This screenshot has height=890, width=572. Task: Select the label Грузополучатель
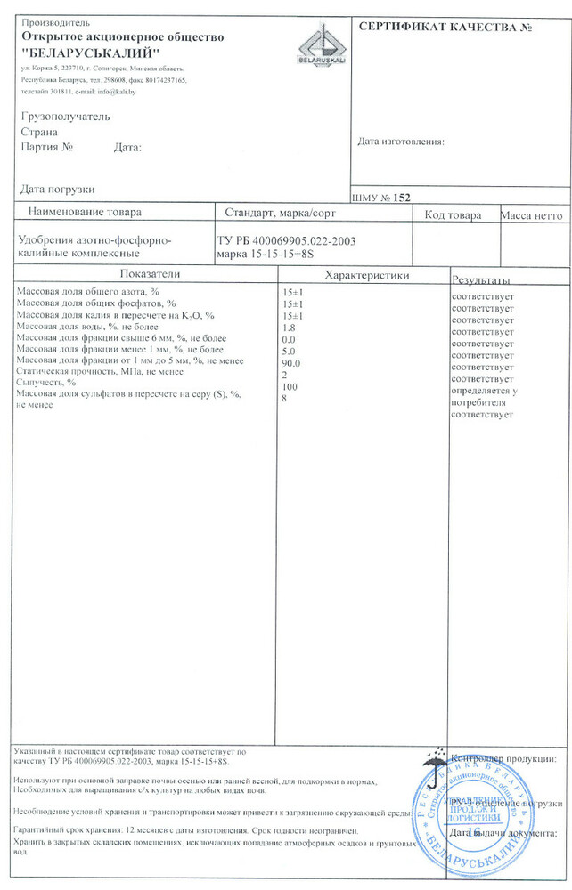pyautogui.click(x=64, y=117)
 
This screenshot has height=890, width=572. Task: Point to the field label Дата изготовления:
pyautogui.click(x=401, y=142)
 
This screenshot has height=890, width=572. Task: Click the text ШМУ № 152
pyautogui.click(x=382, y=198)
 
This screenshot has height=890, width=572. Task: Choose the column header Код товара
pyautogui.click(x=453, y=214)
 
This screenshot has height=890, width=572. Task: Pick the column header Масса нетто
pyautogui.click(x=532, y=214)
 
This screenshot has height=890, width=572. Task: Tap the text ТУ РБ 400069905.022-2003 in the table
pyautogui.click(x=287, y=240)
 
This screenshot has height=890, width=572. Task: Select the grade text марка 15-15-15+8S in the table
pyautogui.click(x=266, y=255)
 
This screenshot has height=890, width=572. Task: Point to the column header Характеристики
pyautogui.click(x=367, y=275)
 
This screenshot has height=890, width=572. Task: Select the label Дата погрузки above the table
pyautogui.click(x=57, y=189)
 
